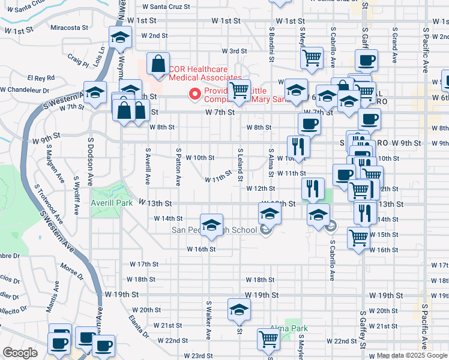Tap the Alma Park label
(289, 328)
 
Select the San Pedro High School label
(214, 230)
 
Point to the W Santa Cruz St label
(166, 7)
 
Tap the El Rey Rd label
(41, 78)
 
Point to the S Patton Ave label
(178, 167)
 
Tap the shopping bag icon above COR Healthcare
(157, 64)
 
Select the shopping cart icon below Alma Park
(268, 338)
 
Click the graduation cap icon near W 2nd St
(120, 38)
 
